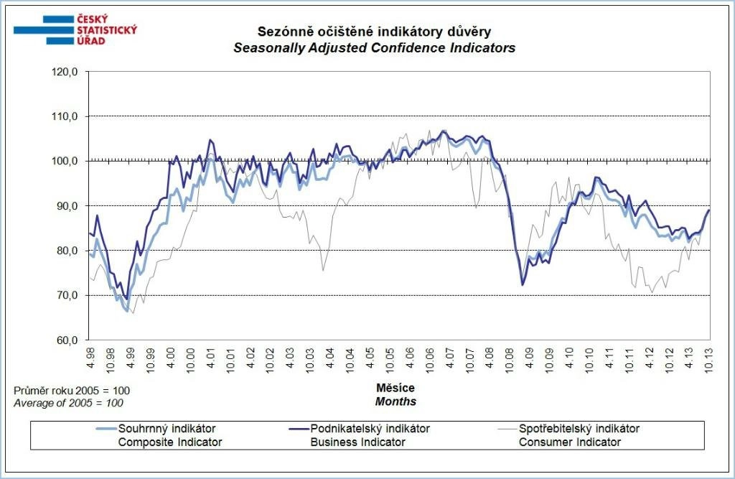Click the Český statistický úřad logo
pos(75,30)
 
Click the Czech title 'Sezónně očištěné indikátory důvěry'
pos(375,32)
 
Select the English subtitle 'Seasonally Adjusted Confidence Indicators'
pos(375,49)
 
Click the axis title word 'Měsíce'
pos(395,388)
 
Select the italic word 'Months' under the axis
pos(395,401)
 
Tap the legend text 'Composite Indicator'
pos(170,442)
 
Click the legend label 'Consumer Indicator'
pos(570,442)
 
